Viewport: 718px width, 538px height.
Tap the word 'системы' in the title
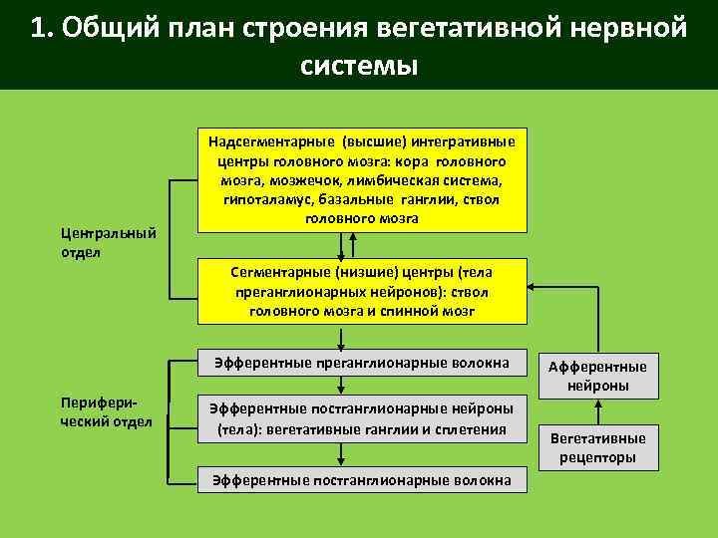click(358, 65)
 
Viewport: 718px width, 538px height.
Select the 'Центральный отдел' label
click(109, 242)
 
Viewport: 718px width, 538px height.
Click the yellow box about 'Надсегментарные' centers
click(362, 179)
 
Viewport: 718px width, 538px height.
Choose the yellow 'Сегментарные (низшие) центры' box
click(362, 290)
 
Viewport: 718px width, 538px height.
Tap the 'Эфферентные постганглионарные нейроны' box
click(362, 418)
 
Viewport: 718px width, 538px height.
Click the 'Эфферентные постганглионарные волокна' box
click(362, 480)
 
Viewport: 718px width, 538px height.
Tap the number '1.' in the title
click(41, 27)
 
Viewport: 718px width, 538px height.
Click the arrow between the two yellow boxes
click(342, 244)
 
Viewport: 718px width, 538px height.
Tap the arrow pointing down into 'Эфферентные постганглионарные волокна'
click(342, 453)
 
